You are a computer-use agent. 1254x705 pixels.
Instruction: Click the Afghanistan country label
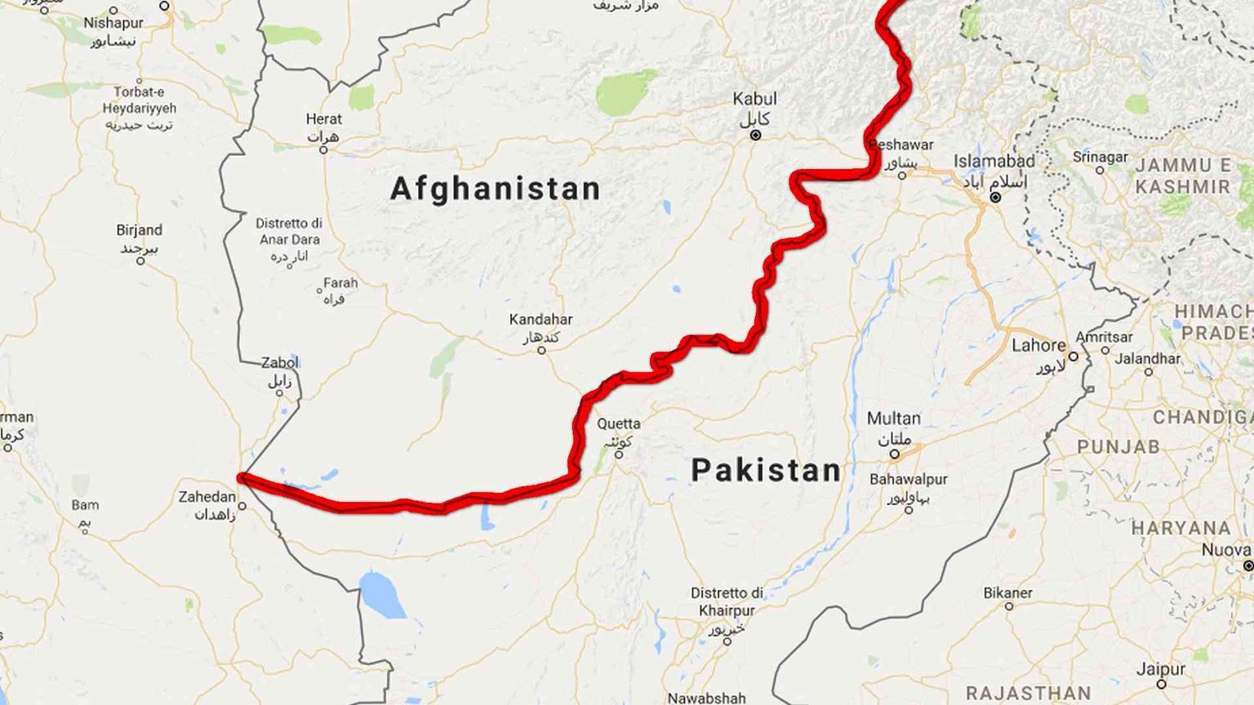[495, 189]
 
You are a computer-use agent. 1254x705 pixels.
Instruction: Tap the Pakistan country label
[766, 471]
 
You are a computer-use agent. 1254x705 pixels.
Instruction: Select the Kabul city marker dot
[755, 135]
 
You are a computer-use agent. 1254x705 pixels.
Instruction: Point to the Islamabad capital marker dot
[995, 197]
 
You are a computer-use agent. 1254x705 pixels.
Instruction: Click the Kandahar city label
[540, 320]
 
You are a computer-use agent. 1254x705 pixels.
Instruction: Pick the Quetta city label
[619, 423]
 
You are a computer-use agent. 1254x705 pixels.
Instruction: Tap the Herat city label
[323, 119]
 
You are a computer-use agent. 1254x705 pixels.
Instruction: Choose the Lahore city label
[1038, 345]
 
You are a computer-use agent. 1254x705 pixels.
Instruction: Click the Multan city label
[893, 419]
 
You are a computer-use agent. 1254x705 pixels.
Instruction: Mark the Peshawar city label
[901, 145]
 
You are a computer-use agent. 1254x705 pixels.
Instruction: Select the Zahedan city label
[207, 497]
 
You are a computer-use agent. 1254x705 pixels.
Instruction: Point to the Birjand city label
[139, 231]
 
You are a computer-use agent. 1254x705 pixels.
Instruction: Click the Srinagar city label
[1100, 157]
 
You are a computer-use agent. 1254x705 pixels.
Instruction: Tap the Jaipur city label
[1160, 669]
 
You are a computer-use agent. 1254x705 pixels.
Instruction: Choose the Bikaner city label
[1007, 593]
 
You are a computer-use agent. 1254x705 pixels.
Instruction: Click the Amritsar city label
[1104, 337]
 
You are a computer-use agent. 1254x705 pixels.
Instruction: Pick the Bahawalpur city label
[908, 480]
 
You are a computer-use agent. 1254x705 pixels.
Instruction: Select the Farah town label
[340, 283]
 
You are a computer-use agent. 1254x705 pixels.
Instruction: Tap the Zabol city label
[280, 363]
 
